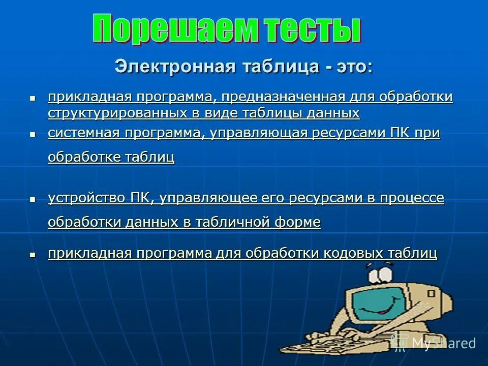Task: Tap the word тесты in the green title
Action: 306,29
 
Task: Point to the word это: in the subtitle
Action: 353,67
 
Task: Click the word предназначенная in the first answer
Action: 283,97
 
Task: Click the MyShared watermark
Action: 435,343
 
